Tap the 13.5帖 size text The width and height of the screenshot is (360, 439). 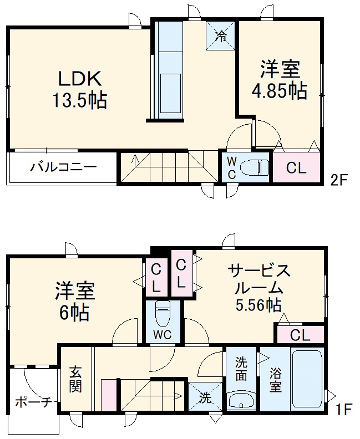click(79, 101)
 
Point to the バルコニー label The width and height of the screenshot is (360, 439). click(63, 167)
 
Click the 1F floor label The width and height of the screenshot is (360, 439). click(344, 410)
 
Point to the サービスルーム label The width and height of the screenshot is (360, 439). click(259, 280)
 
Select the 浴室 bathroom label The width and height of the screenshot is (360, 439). click(275, 380)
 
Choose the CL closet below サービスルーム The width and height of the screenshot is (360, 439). click(300, 335)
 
